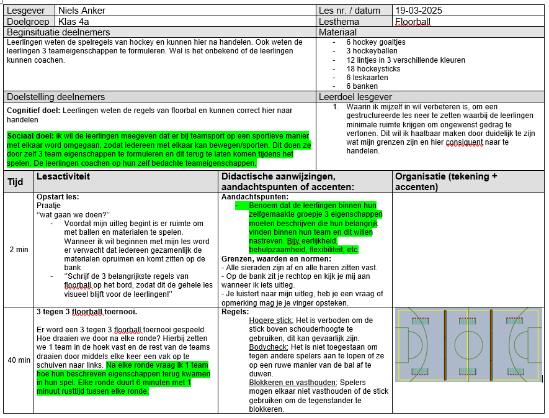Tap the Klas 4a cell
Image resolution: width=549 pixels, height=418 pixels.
tap(73, 22)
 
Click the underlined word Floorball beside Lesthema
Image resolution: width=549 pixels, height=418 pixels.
tap(413, 22)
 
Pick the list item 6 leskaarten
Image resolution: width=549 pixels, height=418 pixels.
tap(367, 78)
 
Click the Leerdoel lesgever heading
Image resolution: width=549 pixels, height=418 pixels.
tap(355, 97)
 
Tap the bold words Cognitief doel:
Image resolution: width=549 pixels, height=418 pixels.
tap(33, 110)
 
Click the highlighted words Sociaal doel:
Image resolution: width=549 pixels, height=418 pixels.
tap(30, 136)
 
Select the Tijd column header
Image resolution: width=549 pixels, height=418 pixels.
tap(16, 182)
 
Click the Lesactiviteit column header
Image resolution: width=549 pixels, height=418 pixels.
tap(63, 177)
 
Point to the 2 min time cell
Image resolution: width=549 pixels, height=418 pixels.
tap(19, 250)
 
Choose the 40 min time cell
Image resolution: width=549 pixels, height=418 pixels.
tap(19, 360)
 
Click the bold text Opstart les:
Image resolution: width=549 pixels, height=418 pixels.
tap(58, 197)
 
